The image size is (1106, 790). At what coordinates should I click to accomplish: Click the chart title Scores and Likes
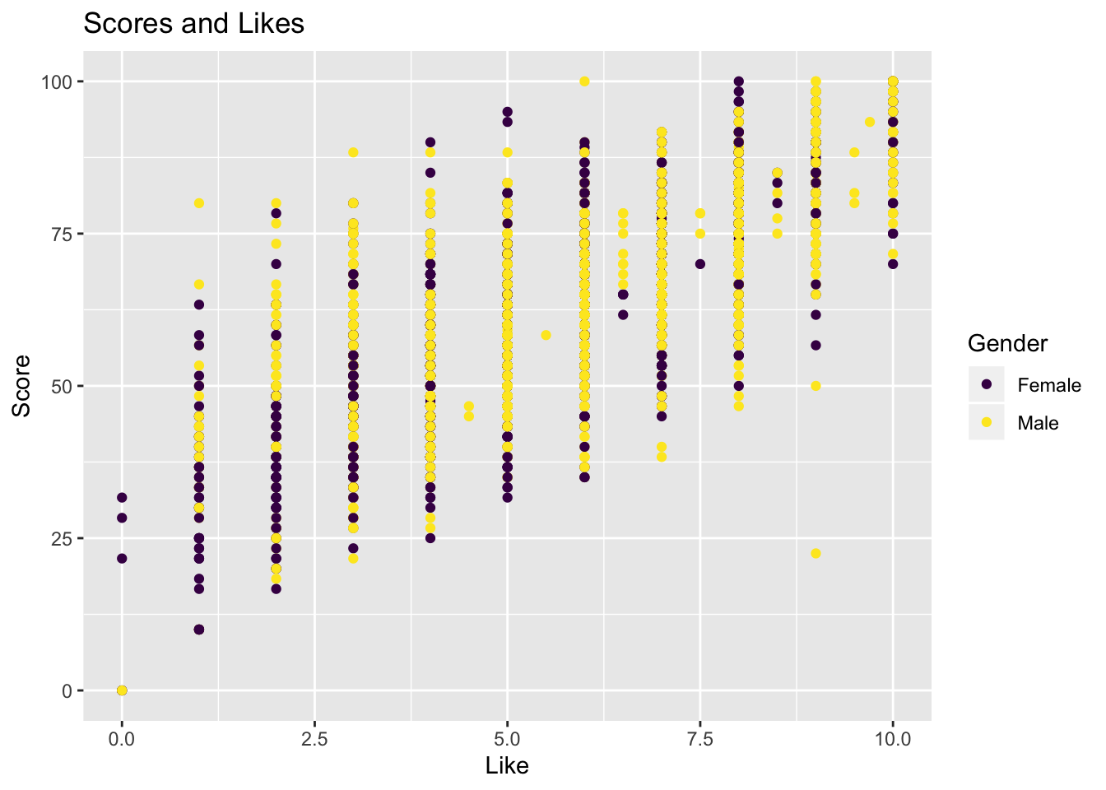pos(194,24)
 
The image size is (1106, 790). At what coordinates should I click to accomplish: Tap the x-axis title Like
pos(507,766)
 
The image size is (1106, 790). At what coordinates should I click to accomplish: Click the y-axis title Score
pos(22,386)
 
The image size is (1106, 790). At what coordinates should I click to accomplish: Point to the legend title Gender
pos(1007,343)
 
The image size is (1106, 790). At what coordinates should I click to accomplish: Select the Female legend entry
pos(1048,385)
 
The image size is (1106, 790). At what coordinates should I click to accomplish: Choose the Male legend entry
pos(1038,423)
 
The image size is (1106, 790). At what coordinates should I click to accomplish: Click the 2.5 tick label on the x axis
pos(314,739)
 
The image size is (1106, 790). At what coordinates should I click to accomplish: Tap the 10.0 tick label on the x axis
pos(893,739)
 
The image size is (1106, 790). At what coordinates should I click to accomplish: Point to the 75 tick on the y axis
pos(64,234)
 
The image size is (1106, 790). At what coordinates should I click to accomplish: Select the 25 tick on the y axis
pos(64,538)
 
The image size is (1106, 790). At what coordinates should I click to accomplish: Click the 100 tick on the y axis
pos(60,81)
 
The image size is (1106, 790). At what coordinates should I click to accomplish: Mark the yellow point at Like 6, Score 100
pos(584,81)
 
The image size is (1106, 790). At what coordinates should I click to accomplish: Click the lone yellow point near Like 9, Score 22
pos(816,553)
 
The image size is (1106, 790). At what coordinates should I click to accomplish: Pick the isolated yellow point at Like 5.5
pos(546,335)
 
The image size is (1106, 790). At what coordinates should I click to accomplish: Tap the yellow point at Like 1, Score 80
pos(198,203)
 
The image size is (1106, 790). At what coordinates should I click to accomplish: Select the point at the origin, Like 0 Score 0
pos(122,690)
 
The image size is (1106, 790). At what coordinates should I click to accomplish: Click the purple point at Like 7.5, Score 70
pos(700,264)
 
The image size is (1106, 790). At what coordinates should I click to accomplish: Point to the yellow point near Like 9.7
pos(870,122)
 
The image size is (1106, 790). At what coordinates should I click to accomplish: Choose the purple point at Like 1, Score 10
pos(198,630)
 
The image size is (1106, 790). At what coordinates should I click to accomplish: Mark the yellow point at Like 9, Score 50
pos(816,386)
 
